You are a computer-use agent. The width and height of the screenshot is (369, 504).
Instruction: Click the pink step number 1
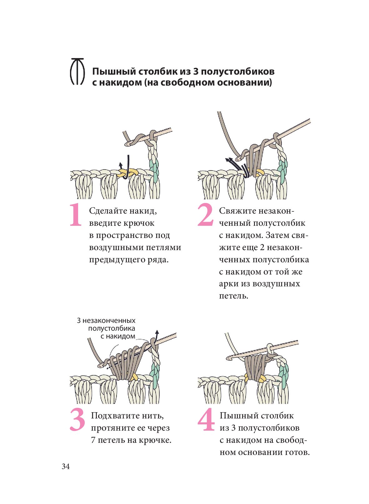[76, 215]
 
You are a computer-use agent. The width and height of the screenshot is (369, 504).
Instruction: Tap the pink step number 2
[205, 215]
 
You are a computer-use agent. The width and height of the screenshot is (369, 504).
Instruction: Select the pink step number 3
[77, 420]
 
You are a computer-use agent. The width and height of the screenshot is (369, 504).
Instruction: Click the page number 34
[66, 467]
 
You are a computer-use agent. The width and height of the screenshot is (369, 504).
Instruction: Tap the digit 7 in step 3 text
[93, 440]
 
